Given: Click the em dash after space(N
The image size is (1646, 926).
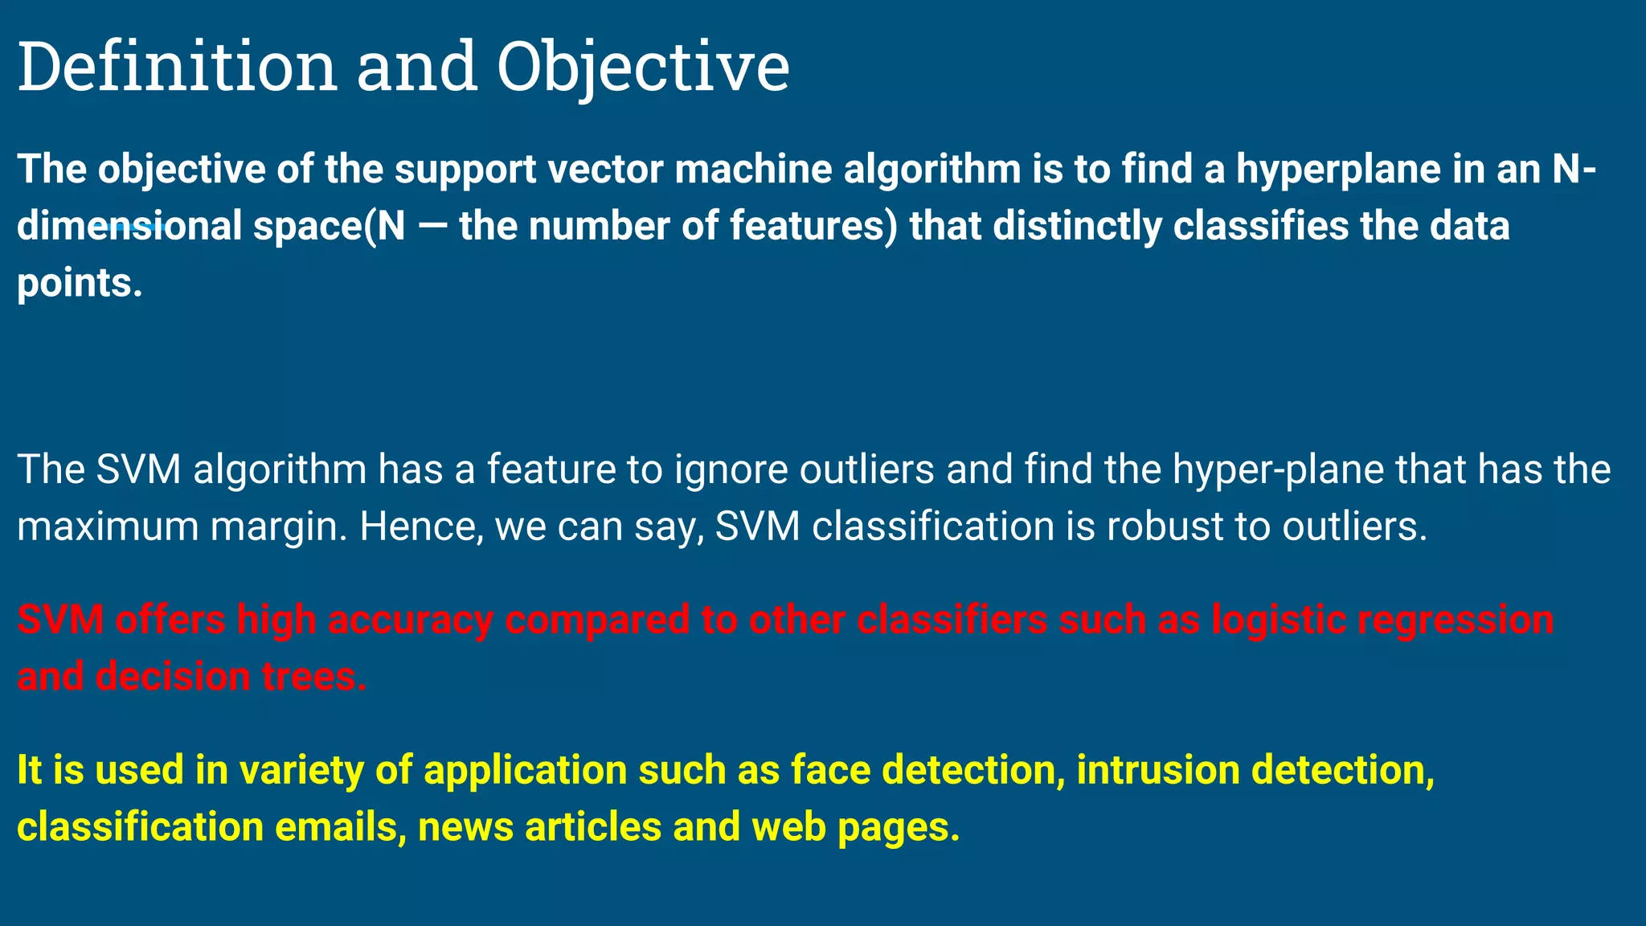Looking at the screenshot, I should pos(432,226).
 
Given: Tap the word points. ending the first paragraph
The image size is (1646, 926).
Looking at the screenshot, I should pos(80,283).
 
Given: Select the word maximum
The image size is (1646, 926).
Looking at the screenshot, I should pos(108,527).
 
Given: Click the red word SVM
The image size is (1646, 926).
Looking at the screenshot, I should pos(60,620).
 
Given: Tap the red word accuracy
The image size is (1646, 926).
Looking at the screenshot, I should pos(411,620).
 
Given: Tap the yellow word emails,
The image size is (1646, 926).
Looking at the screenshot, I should pos(341,827).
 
